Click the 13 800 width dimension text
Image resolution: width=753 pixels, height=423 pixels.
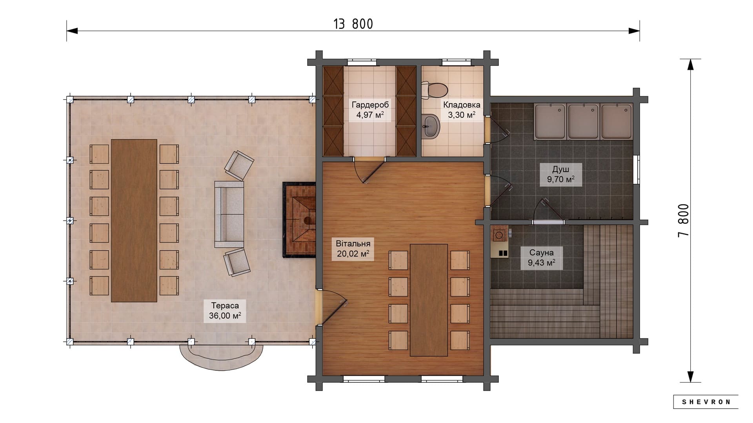pos(353,24)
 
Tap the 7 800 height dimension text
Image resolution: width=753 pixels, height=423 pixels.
pos(683,221)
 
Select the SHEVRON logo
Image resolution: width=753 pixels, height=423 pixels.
pos(706,402)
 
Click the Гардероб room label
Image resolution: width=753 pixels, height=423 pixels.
pos(370,105)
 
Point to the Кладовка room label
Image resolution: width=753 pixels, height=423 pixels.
pos(462,105)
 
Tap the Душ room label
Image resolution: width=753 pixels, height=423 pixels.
pos(560,169)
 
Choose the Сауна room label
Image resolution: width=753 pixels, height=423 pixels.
pos(541,253)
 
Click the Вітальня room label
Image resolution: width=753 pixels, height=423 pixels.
pos(353,244)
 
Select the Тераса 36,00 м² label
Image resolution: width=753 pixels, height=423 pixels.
pos(225,311)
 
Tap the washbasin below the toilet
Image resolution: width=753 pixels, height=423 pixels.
pos(431,126)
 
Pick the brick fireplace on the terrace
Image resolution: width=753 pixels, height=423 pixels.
pos(299,219)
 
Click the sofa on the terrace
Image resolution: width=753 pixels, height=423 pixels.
pos(229,214)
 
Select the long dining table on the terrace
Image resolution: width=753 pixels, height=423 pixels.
pos(134,221)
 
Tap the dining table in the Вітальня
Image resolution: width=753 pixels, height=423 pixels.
pos(429,300)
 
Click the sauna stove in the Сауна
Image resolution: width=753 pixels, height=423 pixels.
pos(500,242)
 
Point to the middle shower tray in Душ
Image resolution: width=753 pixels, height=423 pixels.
pos(583,121)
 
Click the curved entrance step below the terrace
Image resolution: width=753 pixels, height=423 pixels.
pos(221,358)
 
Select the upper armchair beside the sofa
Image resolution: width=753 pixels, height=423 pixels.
pos(239,166)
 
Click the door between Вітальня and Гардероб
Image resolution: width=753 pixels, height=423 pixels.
pos(369,171)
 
